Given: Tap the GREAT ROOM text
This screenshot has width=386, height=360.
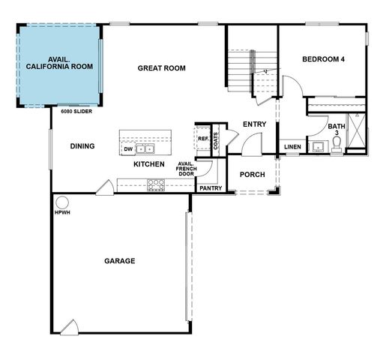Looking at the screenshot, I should click(161, 68).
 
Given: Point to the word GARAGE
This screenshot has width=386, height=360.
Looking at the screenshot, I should click(119, 262).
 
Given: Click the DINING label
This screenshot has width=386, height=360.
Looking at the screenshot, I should click(82, 146).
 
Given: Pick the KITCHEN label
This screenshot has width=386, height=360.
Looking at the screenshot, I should click(149, 163).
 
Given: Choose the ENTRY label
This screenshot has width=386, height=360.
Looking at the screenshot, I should click(253, 124).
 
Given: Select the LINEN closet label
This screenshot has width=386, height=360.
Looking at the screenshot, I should click(292, 146).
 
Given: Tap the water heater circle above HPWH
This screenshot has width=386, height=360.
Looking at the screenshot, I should click(61, 202).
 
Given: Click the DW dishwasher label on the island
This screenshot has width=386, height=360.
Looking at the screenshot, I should click(128, 149).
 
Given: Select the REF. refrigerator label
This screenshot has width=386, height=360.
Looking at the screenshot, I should click(203, 138).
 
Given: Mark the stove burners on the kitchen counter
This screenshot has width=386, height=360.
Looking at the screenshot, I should click(156, 183).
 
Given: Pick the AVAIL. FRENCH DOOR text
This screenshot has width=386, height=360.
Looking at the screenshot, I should click(187, 169).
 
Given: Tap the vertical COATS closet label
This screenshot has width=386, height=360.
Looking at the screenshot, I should click(217, 141).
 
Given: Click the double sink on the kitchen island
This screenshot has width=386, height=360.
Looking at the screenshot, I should click(145, 149).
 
